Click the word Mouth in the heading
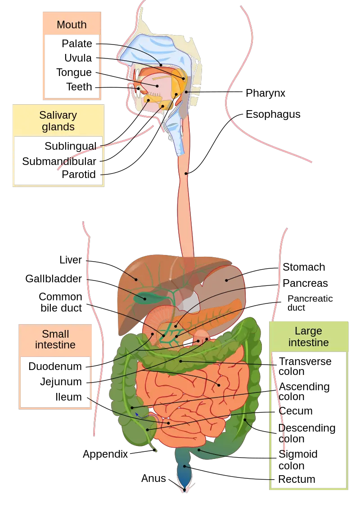tap(72, 25)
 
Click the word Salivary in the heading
tap(58, 115)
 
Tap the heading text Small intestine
tap(55, 340)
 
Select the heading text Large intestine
tap(308, 337)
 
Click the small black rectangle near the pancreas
tap(187, 344)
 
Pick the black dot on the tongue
tap(157, 85)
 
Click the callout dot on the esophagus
tap(186, 173)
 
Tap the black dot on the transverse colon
tap(181, 360)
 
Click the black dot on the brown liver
tap(136, 279)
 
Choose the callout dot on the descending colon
tap(245, 420)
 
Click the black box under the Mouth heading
tap(72, 67)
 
